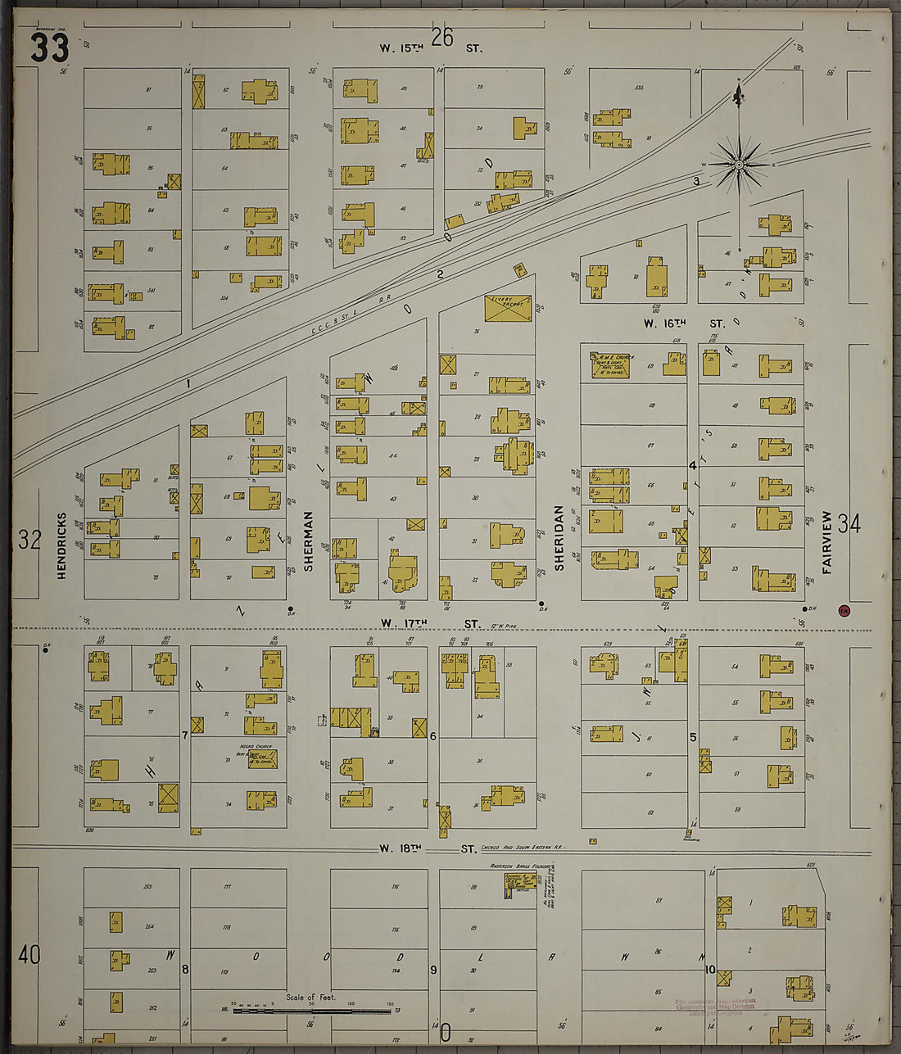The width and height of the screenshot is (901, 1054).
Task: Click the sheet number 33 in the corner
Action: tap(49, 48)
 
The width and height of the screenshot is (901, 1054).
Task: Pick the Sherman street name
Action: tap(309, 541)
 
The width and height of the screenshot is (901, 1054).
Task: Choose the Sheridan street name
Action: tap(559, 538)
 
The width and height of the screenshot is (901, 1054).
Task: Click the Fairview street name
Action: tap(827, 542)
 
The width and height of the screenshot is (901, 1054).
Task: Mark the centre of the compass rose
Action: tap(739, 165)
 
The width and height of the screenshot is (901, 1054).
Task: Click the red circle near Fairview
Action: tap(844, 610)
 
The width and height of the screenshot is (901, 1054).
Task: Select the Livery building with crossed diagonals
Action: tap(508, 308)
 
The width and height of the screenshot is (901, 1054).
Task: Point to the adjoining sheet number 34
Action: tap(849, 524)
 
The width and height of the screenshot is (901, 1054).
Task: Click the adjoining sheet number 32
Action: tap(29, 540)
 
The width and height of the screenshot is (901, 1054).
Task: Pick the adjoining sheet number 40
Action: tap(29, 955)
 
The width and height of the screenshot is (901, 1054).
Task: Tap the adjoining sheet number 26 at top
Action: tap(442, 37)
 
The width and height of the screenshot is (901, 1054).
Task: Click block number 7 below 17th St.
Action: tap(185, 735)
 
